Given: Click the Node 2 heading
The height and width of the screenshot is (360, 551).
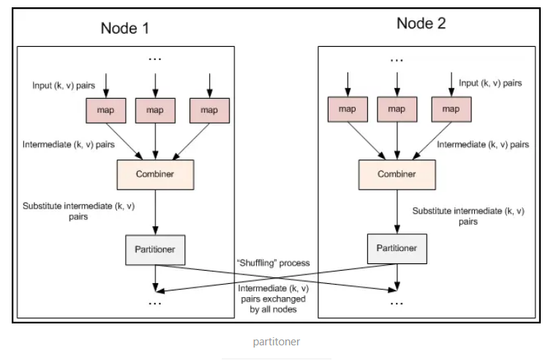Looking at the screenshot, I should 421,23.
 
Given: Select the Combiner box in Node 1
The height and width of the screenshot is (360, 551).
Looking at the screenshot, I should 155,174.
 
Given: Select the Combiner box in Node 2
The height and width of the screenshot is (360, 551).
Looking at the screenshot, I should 397,174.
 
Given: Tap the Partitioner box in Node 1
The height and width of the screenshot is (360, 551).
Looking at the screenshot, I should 155,250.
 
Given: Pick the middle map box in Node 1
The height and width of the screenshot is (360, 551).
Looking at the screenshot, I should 155,110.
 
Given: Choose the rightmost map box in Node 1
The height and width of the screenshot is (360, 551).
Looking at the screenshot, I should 209,110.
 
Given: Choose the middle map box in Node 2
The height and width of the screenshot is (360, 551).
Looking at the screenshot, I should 397,109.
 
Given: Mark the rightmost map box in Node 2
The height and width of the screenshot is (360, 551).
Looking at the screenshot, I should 451,109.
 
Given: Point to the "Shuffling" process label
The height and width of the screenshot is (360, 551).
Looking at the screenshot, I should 275,263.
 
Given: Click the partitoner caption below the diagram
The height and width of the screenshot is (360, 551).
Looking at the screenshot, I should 276,342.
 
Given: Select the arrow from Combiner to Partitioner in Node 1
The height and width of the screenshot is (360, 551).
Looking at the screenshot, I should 155,212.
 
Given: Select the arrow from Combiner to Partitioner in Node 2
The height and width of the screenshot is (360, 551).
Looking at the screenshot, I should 397,212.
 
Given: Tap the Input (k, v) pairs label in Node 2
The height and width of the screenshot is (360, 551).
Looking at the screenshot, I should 490,83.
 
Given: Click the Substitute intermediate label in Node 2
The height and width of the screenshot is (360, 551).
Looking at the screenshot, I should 468,215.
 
